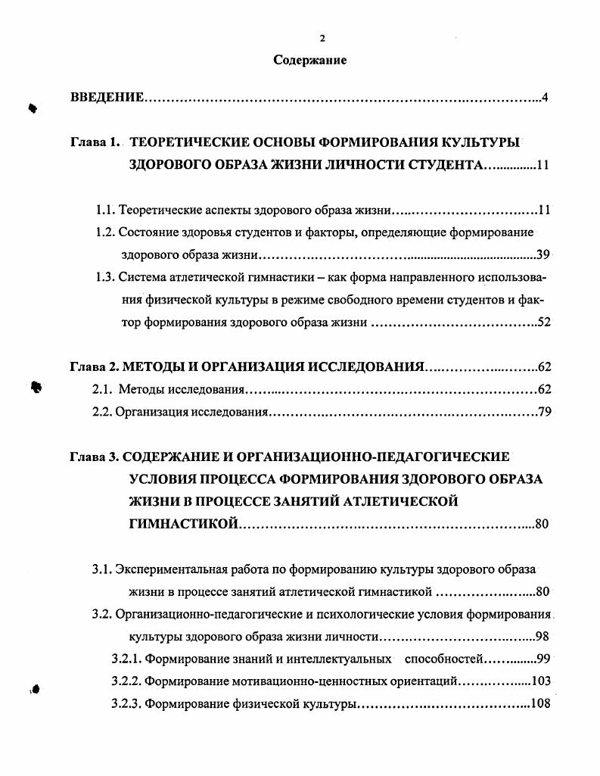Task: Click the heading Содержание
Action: [310, 61]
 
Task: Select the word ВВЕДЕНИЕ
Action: [107, 98]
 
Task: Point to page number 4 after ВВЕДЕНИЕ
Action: [545, 98]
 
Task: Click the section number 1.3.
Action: [105, 276]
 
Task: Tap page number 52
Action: [543, 323]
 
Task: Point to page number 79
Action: [544, 413]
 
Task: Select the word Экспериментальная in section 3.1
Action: [170, 569]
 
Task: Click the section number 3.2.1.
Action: [125, 659]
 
